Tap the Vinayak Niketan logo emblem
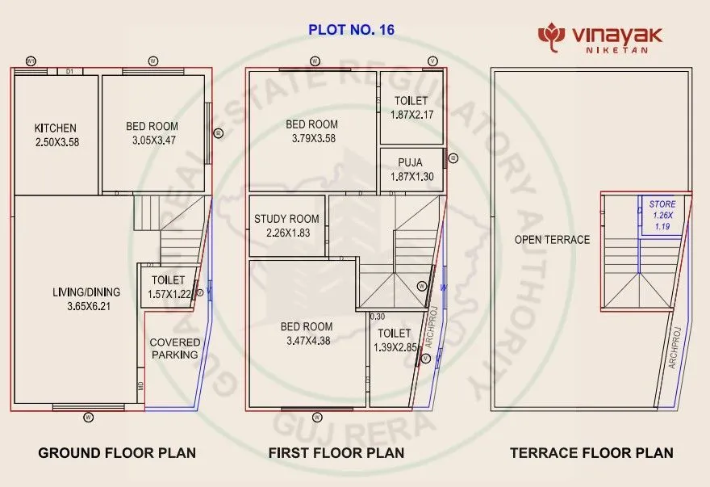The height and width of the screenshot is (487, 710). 551,36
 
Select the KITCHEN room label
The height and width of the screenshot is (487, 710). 56,128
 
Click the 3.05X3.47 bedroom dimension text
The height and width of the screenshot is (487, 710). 152,141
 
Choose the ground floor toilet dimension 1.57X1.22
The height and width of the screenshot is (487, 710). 169,294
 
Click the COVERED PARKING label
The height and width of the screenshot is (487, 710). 175,348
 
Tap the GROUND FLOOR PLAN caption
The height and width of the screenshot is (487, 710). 117,452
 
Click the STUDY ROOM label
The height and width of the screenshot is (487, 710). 286,219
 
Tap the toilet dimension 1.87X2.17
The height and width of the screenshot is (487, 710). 411,115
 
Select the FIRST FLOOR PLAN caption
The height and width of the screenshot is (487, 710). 336,452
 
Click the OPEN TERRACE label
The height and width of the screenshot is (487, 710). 553,240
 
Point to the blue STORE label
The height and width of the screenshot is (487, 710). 662,204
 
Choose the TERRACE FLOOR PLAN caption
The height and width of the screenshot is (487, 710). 591,452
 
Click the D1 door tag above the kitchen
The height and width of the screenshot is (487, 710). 69,72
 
